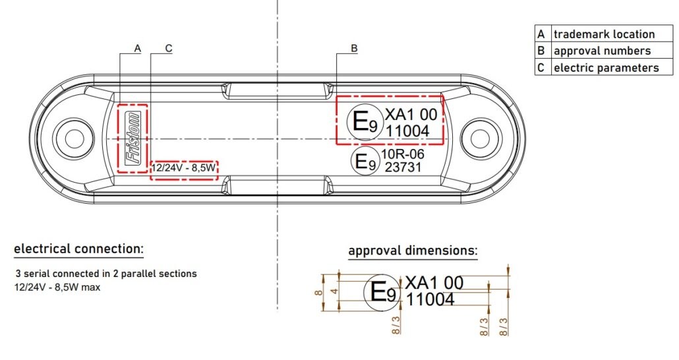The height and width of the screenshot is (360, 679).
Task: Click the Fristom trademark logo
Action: [x=133, y=138]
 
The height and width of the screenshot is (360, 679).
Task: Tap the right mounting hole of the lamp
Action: [x=480, y=138]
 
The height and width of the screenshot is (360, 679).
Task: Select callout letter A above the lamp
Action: [x=138, y=49]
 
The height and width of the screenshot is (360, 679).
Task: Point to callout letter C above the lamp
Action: [x=169, y=49]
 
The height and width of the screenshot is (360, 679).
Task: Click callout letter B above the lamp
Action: [x=354, y=49]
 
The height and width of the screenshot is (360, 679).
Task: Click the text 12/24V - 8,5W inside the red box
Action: [x=183, y=167]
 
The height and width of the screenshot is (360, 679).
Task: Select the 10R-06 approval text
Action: [x=403, y=154]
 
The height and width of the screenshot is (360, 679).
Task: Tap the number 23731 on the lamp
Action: [x=403, y=167]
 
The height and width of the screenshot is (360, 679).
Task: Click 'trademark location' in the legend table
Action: [x=604, y=34]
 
